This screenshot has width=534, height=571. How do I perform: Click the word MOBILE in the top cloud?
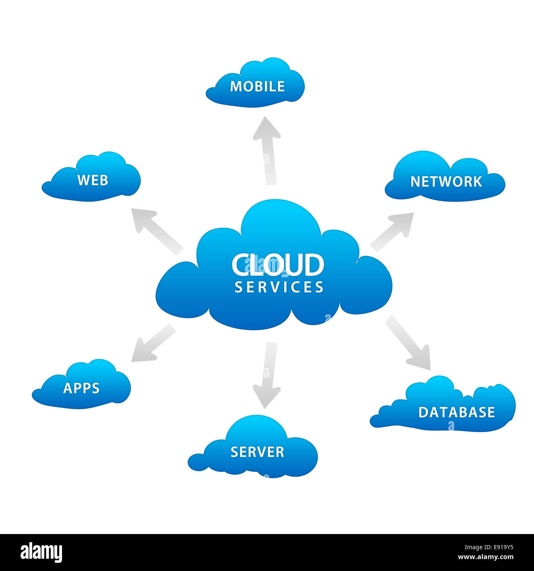(257, 86)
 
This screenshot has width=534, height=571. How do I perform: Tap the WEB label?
(93, 180)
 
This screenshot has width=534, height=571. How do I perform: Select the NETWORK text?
(446, 182)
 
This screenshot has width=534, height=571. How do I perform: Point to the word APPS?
(81, 388)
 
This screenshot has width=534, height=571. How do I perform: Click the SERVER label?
(257, 452)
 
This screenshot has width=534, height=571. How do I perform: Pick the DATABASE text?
(456, 412)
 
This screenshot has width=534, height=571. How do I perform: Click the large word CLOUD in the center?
(278, 265)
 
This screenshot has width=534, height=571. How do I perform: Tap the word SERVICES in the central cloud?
(279, 287)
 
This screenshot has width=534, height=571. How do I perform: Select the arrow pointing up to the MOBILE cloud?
(267, 150)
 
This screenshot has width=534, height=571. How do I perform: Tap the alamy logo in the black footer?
(41, 552)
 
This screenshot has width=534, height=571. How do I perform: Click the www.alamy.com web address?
(486, 557)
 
